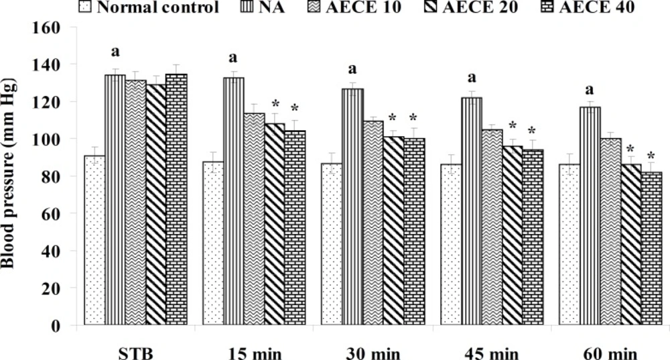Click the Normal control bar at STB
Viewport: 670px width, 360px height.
click(94, 241)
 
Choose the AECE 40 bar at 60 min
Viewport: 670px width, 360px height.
click(651, 249)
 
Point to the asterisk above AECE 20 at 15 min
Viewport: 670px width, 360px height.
click(274, 104)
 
